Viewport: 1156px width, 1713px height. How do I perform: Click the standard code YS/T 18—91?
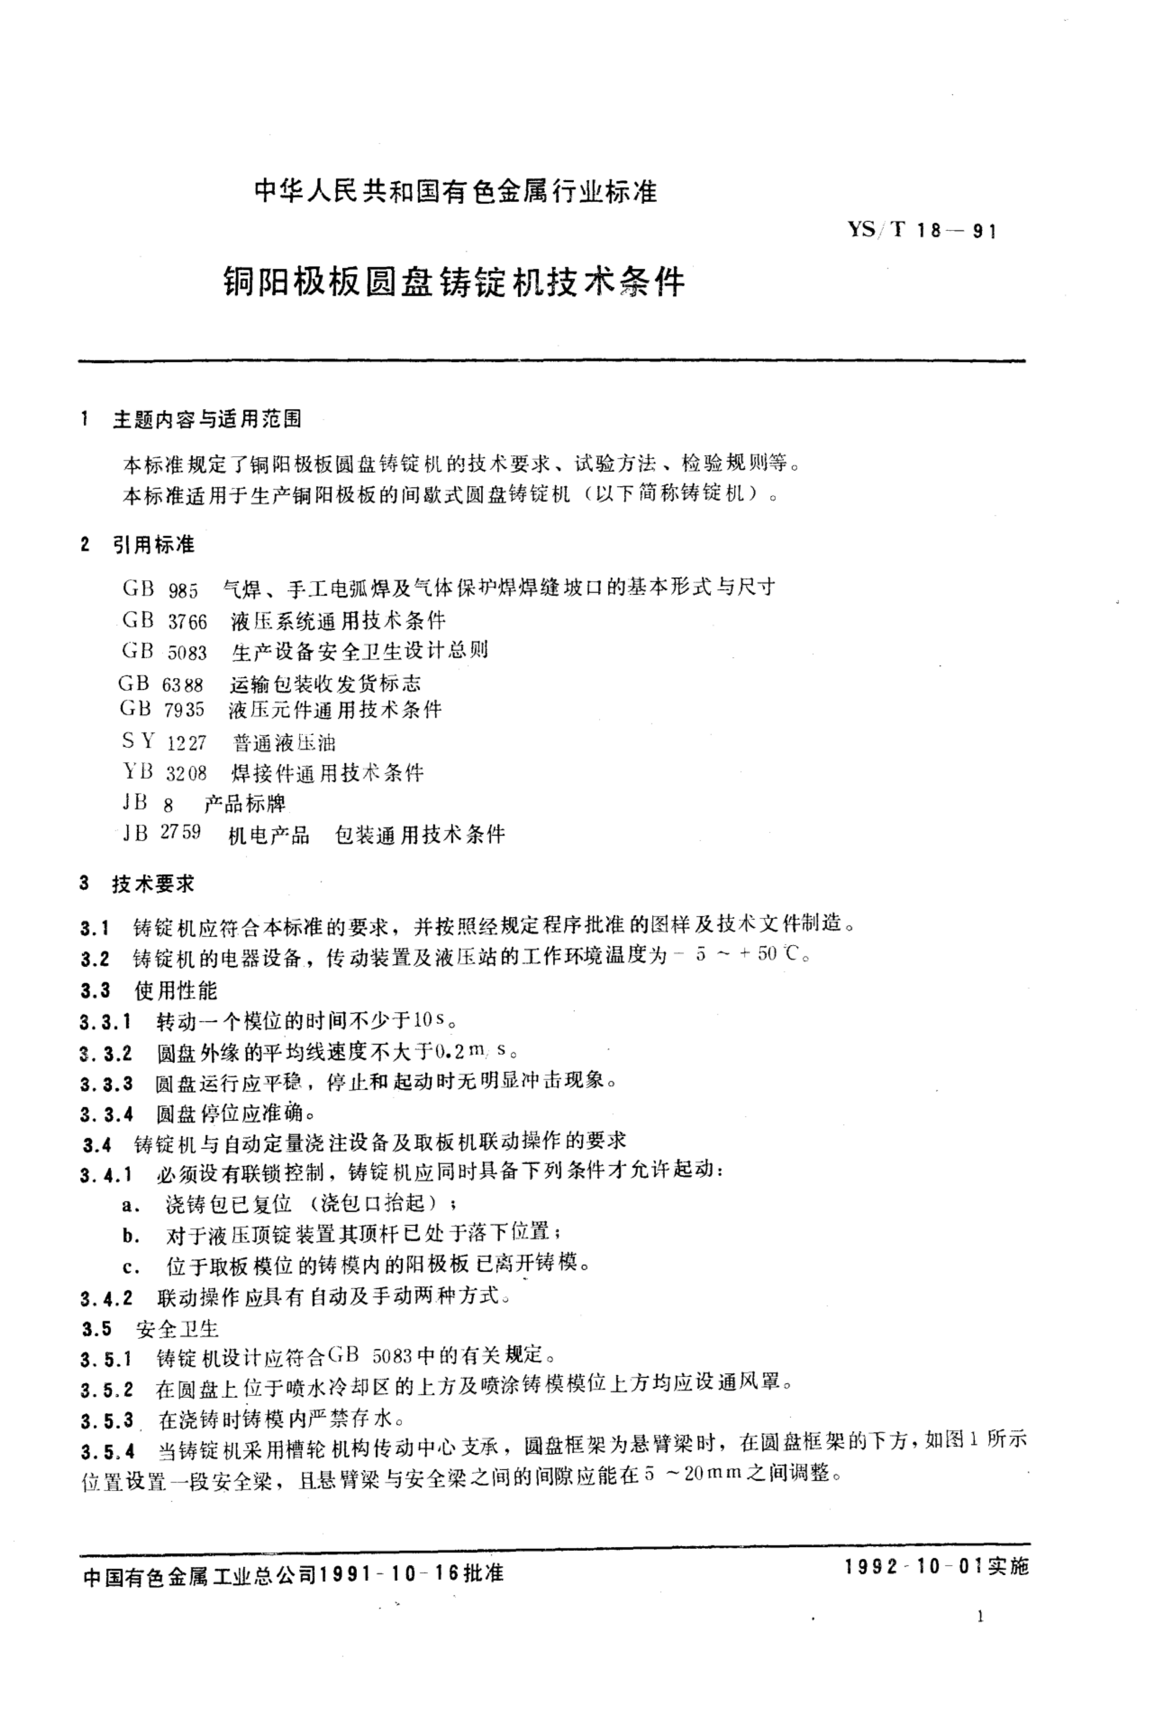pos(921,231)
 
